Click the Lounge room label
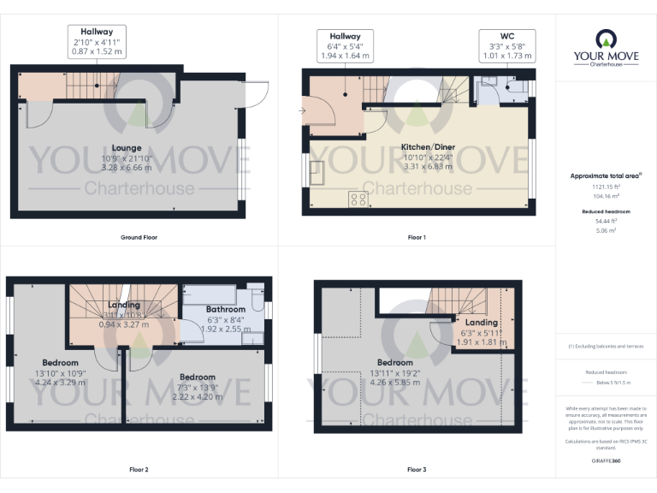(x=126, y=147)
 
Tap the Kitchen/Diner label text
(x=429, y=147)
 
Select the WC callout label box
(x=506, y=45)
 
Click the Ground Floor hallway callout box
(x=96, y=40)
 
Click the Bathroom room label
(x=225, y=309)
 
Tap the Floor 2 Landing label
(x=124, y=305)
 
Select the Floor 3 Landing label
(x=481, y=322)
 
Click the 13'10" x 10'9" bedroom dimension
(x=62, y=373)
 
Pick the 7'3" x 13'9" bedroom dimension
(x=198, y=387)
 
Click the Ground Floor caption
(x=139, y=237)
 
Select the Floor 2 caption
(x=139, y=470)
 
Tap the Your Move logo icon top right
(x=606, y=39)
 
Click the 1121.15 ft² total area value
(x=606, y=187)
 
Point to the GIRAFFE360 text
(x=606, y=460)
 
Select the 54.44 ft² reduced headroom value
(x=606, y=220)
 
